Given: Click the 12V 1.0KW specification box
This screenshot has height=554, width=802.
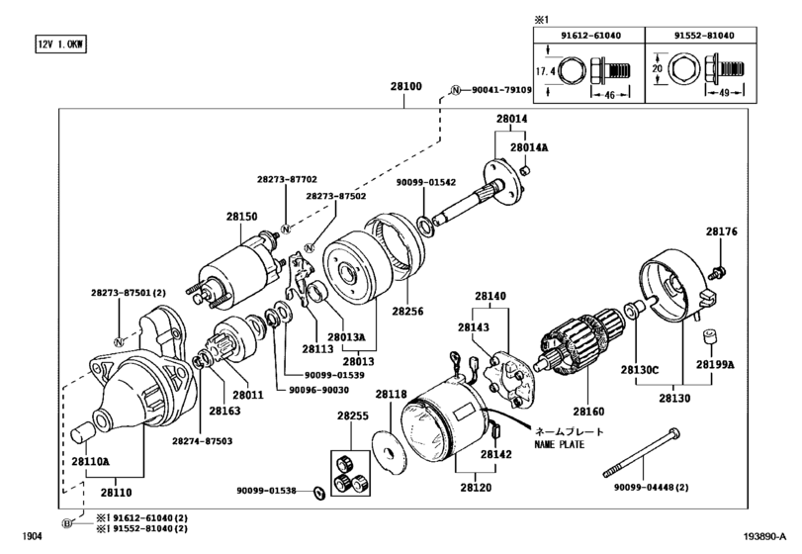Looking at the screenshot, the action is (60, 44).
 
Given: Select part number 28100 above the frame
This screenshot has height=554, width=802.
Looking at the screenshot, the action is (406, 86).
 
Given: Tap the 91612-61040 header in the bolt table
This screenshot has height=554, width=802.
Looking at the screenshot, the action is (590, 36).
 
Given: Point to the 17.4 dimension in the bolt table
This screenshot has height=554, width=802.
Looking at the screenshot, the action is (545, 71).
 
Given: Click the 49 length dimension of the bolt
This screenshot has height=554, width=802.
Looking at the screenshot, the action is (724, 93).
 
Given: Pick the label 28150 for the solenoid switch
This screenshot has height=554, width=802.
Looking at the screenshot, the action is (242, 217).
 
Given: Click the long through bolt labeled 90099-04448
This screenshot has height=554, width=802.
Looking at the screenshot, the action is (642, 453).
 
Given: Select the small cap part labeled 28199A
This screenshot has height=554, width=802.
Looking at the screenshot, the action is (708, 337).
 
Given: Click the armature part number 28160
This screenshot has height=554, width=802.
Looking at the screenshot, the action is (588, 412).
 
